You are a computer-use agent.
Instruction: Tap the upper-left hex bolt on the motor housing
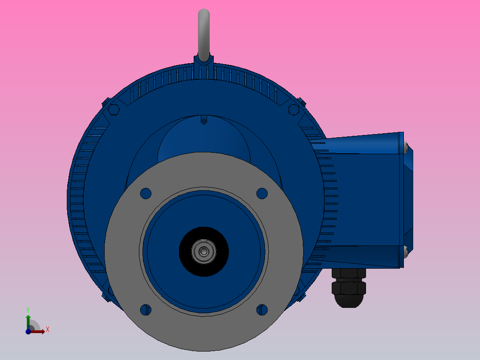(113, 109)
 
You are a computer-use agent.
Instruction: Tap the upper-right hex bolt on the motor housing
(293, 109)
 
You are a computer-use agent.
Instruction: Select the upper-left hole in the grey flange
(146, 193)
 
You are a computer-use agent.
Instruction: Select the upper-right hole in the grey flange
(262, 193)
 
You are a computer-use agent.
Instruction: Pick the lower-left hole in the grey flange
(146, 310)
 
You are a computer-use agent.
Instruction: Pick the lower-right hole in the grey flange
(262, 310)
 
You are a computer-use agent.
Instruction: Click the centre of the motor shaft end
(203, 251)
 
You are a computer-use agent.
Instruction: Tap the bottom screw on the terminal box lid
(406, 252)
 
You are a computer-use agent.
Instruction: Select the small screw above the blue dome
(203, 120)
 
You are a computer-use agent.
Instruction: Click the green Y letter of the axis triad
(28, 309)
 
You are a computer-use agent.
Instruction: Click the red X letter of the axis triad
(47, 330)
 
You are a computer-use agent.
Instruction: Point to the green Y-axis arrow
(28, 320)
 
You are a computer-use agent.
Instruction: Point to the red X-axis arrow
(39, 331)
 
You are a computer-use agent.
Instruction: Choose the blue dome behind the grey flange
(203, 138)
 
